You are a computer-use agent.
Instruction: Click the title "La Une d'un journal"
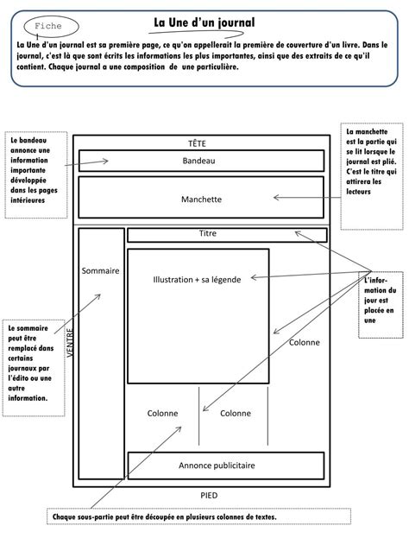[x=204, y=23]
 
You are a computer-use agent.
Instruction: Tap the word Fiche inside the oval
[x=48, y=26]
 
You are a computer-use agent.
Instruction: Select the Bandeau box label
[x=198, y=161]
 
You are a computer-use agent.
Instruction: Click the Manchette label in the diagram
[x=201, y=200]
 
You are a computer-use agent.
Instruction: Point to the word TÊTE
[x=197, y=143]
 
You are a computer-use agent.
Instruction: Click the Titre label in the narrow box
[x=208, y=233]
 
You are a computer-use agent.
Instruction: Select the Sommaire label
[x=100, y=270]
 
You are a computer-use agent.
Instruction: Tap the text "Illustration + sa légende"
[x=197, y=280]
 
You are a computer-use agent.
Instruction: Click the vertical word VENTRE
[x=71, y=343]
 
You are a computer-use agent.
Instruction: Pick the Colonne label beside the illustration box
[x=304, y=342]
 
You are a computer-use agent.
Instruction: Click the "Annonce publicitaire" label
[x=217, y=466]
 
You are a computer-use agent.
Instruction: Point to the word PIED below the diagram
[x=209, y=495]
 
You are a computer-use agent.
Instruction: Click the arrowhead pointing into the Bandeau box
[x=105, y=161]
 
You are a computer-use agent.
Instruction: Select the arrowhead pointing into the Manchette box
[x=276, y=198]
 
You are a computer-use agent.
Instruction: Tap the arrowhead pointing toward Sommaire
[x=98, y=296]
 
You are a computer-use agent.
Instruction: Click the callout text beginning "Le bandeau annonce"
[x=34, y=170]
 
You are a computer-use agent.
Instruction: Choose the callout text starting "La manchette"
[x=371, y=162]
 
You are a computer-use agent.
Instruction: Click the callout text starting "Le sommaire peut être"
[x=30, y=364]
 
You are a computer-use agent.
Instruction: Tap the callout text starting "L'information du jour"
[x=380, y=301]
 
